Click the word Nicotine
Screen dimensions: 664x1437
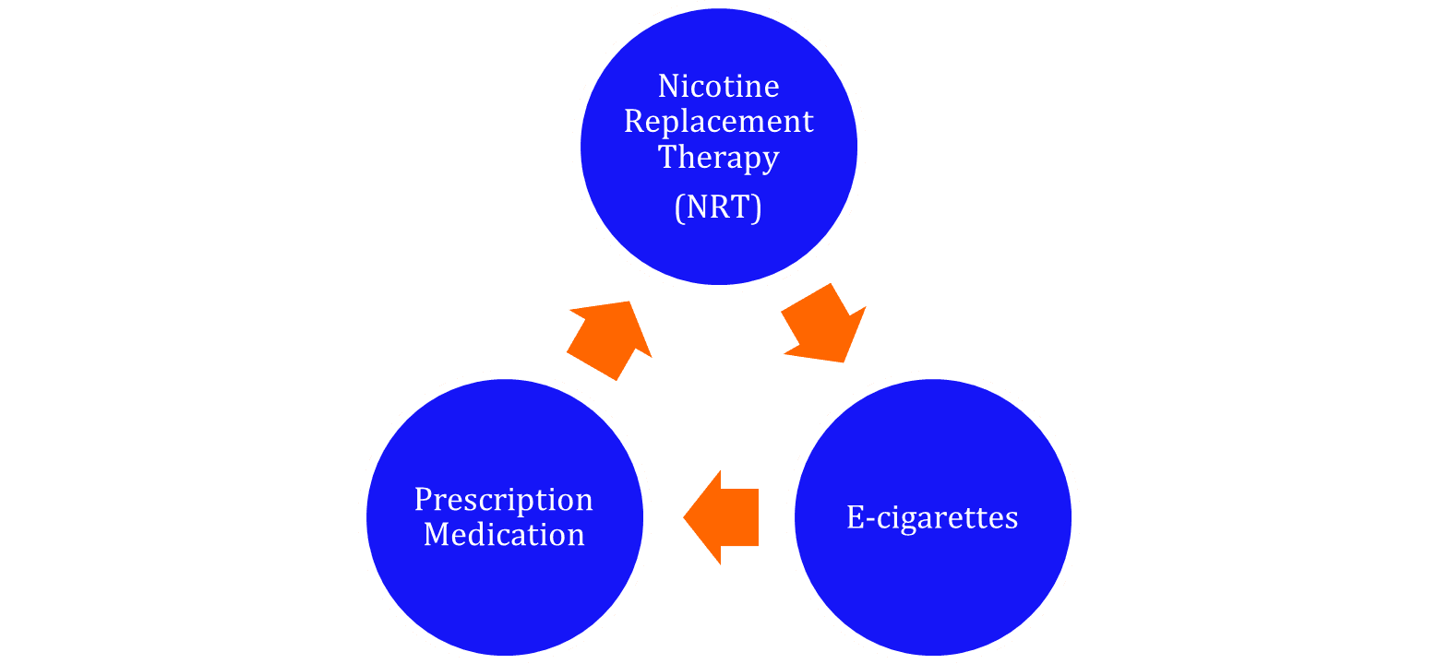click(x=718, y=86)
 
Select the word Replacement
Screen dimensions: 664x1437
click(x=718, y=122)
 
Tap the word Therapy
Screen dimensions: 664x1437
click(x=718, y=158)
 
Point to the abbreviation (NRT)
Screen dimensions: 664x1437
click(x=718, y=208)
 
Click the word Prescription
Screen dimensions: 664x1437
click(x=503, y=500)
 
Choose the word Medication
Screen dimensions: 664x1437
click(x=504, y=535)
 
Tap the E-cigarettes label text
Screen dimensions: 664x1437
click(x=932, y=517)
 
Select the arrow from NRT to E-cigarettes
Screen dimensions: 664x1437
click(x=820, y=325)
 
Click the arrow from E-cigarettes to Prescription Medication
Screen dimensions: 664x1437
click(x=724, y=517)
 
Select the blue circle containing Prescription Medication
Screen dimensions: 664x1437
click(x=504, y=590)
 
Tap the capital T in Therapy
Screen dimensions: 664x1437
click(x=668, y=157)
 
